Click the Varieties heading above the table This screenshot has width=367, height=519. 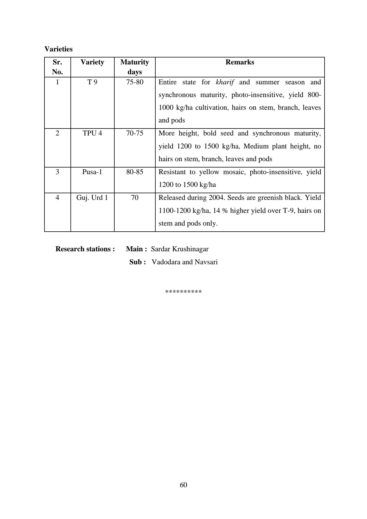coord(58,49)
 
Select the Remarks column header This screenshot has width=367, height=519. coord(240,62)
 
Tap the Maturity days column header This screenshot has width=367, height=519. coord(135,67)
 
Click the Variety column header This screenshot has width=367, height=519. coord(92,62)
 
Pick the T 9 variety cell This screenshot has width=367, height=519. coord(92,82)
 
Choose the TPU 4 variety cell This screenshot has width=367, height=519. coord(92,133)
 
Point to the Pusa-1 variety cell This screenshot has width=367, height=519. coord(92,172)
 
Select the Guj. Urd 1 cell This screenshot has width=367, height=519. coord(92,198)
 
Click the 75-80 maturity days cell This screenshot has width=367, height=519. coord(135,82)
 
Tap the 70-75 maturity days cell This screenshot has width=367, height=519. coord(135,133)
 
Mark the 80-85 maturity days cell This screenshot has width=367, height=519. coord(135,172)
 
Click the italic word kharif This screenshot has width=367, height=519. coord(225,82)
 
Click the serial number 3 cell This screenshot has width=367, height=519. coord(57,172)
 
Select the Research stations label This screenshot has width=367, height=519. coord(85,249)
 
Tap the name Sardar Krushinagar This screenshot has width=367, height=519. coord(180,249)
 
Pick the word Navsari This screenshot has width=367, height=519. coord(206,262)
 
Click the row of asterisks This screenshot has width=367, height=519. coord(183,292)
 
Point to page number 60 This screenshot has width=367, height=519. coord(183,485)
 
